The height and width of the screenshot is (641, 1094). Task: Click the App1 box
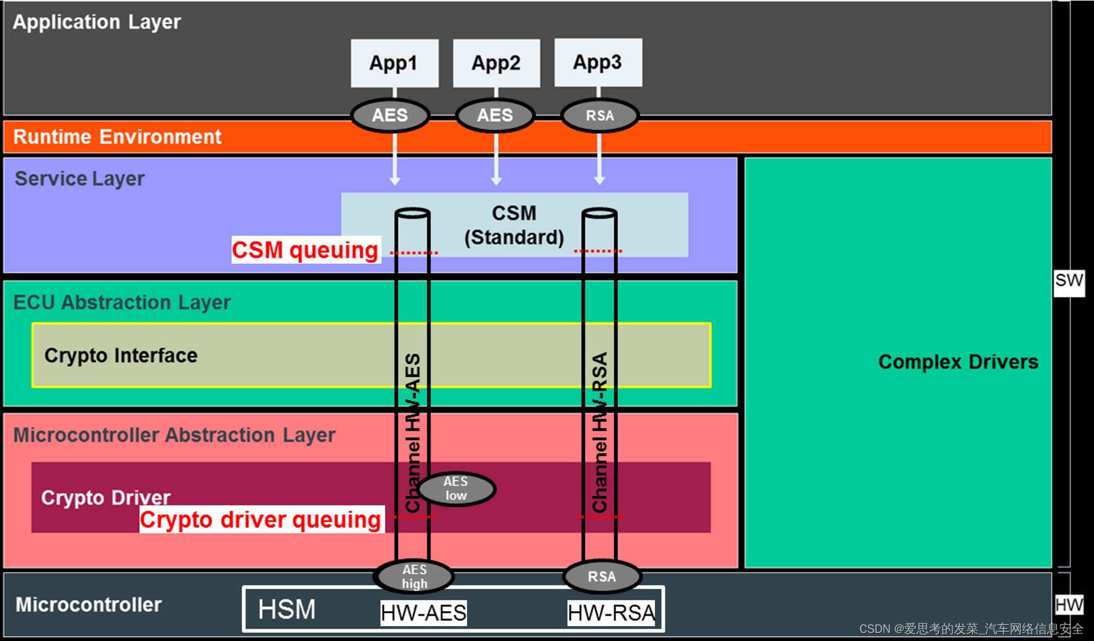tap(394, 63)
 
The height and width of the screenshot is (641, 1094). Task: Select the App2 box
tap(496, 63)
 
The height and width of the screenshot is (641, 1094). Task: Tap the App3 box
tap(598, 62)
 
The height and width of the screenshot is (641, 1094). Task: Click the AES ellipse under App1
tap(390, 115)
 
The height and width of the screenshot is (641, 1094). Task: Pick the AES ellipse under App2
tap(495, 115)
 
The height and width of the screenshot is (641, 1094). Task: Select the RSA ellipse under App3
tap(600, 115)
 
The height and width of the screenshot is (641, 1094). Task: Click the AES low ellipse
tap(456, 488)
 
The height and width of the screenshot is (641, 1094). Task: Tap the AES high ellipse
tap(414, 577)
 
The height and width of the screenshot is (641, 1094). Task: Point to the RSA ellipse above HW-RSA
tap(602, 577)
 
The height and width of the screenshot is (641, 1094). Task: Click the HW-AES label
tap(424, 612)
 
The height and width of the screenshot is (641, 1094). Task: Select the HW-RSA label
tap(611, 612)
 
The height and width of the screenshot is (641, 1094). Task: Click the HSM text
tap(287, 609)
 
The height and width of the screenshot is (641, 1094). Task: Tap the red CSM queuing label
tap(305, 250)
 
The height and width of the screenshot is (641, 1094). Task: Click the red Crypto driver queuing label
tap(260, 519)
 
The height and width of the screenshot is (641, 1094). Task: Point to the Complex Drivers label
tap(958, 361)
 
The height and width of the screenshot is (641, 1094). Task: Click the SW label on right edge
tap(1069, 281)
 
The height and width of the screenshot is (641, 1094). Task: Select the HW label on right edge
tap(1069, 604)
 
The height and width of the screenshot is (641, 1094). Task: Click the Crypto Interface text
tap(121, 355)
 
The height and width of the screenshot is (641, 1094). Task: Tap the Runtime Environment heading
tap(117, 136)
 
